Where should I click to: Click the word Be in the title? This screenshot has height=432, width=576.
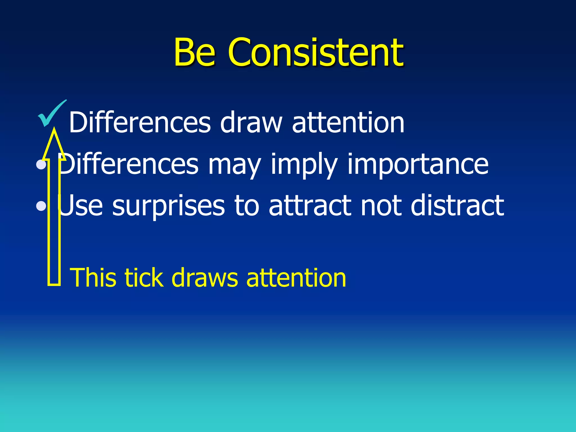click(195, 53)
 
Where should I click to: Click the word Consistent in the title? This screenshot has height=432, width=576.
click(316, 53)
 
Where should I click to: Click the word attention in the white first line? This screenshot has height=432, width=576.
click(348, 123)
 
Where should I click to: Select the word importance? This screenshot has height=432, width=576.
click(418, 164)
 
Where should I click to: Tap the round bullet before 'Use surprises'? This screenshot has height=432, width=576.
click(41, 206)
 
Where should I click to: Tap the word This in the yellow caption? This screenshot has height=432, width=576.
click(93, 278)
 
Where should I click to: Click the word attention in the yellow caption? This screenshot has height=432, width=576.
click(296, 278)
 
